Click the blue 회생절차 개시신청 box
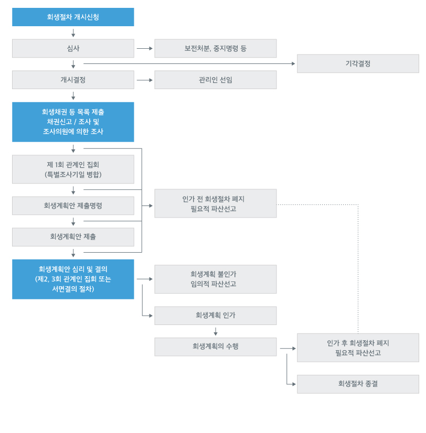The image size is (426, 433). [x=73, y=17]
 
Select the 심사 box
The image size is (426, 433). [x=73, y=48]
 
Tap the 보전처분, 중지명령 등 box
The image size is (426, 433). [x=215, y=48]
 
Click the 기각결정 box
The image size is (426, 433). [x=358, y=63]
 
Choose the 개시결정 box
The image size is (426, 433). [x=73, y=80]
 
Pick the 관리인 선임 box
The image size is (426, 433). [x=215, y=80]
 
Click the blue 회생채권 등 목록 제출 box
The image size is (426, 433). [x=73, y=122]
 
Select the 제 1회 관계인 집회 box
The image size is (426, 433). [x=73, y=169]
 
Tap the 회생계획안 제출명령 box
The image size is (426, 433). [x=73, y=205]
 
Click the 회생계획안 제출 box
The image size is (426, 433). [x=73, y=237]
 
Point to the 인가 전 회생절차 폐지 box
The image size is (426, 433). [x=215, y=203]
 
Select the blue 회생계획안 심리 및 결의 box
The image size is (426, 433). [x=73, y=279]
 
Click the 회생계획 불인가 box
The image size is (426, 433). [x=215, y=279]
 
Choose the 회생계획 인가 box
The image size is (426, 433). [x=215, y=316]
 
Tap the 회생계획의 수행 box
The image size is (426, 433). [x=215, y=347]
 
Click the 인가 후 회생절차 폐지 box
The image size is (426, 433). [x=358, y=348]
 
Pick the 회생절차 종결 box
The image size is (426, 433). [x=358, y=384]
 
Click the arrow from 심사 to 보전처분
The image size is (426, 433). [x=144, y=48]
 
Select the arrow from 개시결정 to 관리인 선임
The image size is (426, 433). [x=144, y=80]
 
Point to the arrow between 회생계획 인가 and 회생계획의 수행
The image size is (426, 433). [x=215, y=331]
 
